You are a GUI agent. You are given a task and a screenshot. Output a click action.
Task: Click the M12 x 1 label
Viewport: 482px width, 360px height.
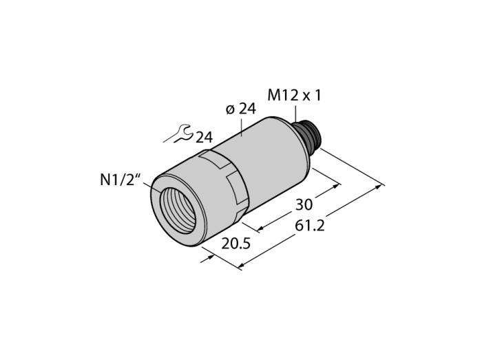pos(294,95)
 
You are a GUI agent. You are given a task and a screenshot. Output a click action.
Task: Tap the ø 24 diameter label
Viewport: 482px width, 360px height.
pos(241,109)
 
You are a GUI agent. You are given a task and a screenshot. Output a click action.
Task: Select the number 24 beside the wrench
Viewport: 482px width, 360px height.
pos(204,137)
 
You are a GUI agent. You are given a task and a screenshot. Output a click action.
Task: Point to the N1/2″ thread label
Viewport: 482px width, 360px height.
pos(120,180)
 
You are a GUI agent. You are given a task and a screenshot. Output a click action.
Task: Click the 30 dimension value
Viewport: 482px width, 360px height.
pos(304,204)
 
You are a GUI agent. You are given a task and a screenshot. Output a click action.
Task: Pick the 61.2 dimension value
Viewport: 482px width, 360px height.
pos(310,226)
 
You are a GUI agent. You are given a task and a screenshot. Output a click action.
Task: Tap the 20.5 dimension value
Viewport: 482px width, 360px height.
pos(236,244)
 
